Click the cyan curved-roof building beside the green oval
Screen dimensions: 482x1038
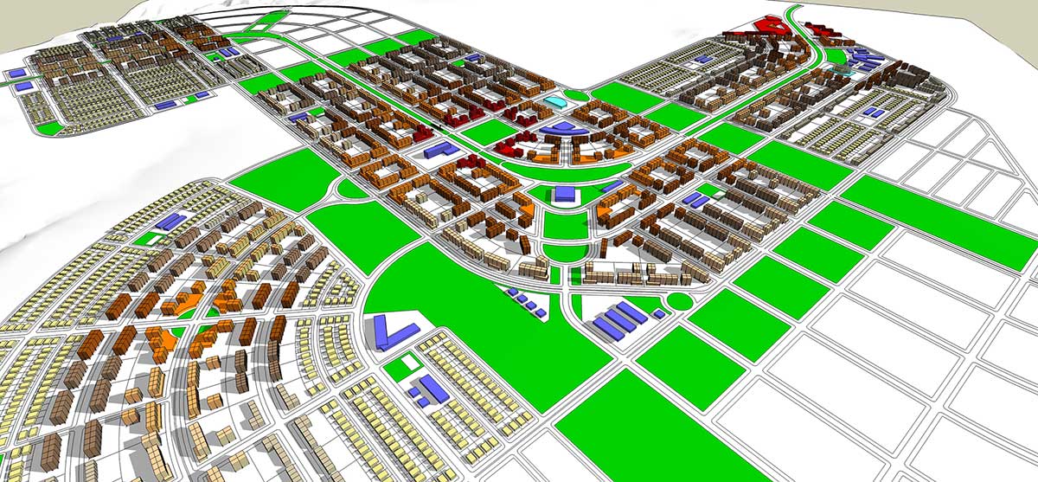pyautogui.click(x=554, y=104)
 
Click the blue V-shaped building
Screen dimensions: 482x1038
pyautogui.click(x=394, y=331)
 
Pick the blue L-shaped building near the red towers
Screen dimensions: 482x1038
pyautogui.click(x=444, y=150)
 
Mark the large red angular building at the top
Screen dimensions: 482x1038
pyautogui.click(x=770, y=26)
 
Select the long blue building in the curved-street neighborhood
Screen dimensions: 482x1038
pyautogui.click(x=176, y=221)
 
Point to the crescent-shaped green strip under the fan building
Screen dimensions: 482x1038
pyautogui.click(x=562, y=170)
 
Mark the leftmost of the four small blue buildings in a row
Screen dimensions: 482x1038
pyautogui.click(x=509, y=292)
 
